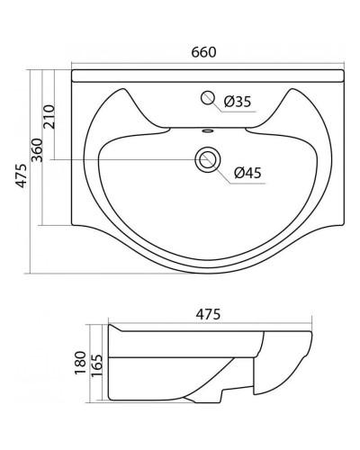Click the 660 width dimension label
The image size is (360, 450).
click(203, 52)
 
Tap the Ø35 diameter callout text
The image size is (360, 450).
click(238, 102)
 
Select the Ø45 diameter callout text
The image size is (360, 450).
click(247, 173)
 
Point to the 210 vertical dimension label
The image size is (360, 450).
click(49, 117)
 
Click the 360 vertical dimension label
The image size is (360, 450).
click(37, 150)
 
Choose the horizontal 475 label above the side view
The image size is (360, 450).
click(208, 314)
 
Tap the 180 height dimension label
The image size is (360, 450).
click(80, 363)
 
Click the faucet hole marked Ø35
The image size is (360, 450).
click(207, 98)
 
